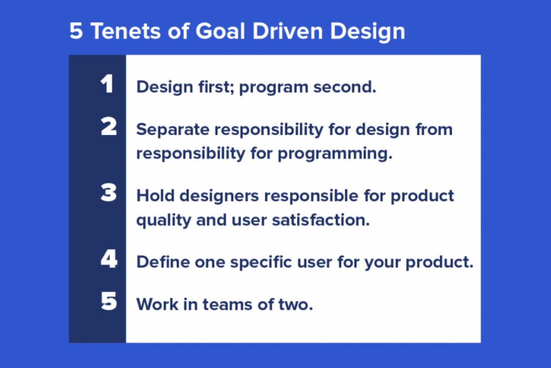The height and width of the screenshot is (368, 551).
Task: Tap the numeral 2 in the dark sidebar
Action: tap(109, 127)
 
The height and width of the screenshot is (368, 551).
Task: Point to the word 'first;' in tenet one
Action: tap(214, 87)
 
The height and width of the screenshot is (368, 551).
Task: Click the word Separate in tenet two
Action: tap(173, 130)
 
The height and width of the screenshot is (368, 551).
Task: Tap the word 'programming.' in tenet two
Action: tap(335, 154)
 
